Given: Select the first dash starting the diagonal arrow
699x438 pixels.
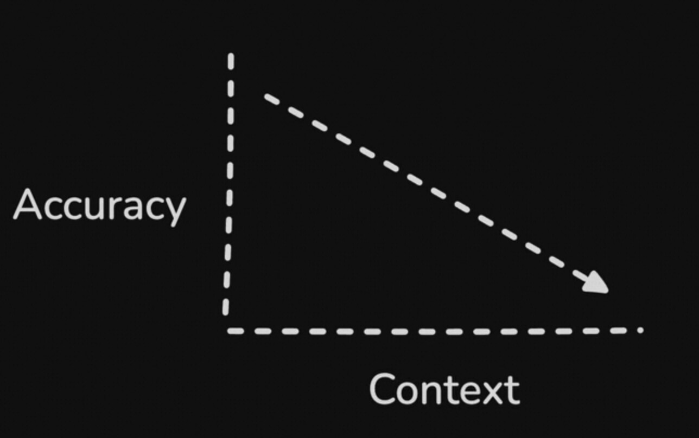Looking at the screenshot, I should tap(271, 99).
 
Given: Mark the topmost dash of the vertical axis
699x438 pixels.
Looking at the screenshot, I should tap(231, 61).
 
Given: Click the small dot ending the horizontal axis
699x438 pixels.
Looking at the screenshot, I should tap(640, 330).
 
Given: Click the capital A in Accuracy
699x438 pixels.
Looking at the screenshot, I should tap(28, 205).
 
